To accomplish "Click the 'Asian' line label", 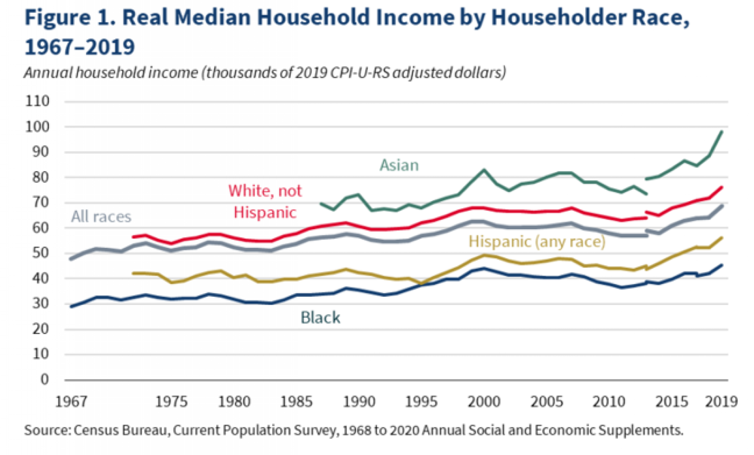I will [399, 165].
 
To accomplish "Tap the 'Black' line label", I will [320, 318].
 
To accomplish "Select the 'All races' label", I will [101, 217].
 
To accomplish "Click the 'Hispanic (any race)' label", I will [537, 242].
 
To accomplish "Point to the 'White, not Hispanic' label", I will [265, 202].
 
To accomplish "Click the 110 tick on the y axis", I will [37, 101].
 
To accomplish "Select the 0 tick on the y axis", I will [44, 379].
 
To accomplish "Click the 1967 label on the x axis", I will [71, 402].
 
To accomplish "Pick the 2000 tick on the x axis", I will [484, 402].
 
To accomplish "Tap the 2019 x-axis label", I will [721, 402].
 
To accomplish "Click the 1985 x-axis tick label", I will [296, 402].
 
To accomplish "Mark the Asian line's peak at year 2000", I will [484, 170].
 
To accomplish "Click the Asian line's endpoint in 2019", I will [722, 132].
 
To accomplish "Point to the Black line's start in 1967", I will [71, 307].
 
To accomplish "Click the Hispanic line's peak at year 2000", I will [484, 255].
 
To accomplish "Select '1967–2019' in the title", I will [79, 47].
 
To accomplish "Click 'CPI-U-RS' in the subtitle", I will [359, 72].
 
